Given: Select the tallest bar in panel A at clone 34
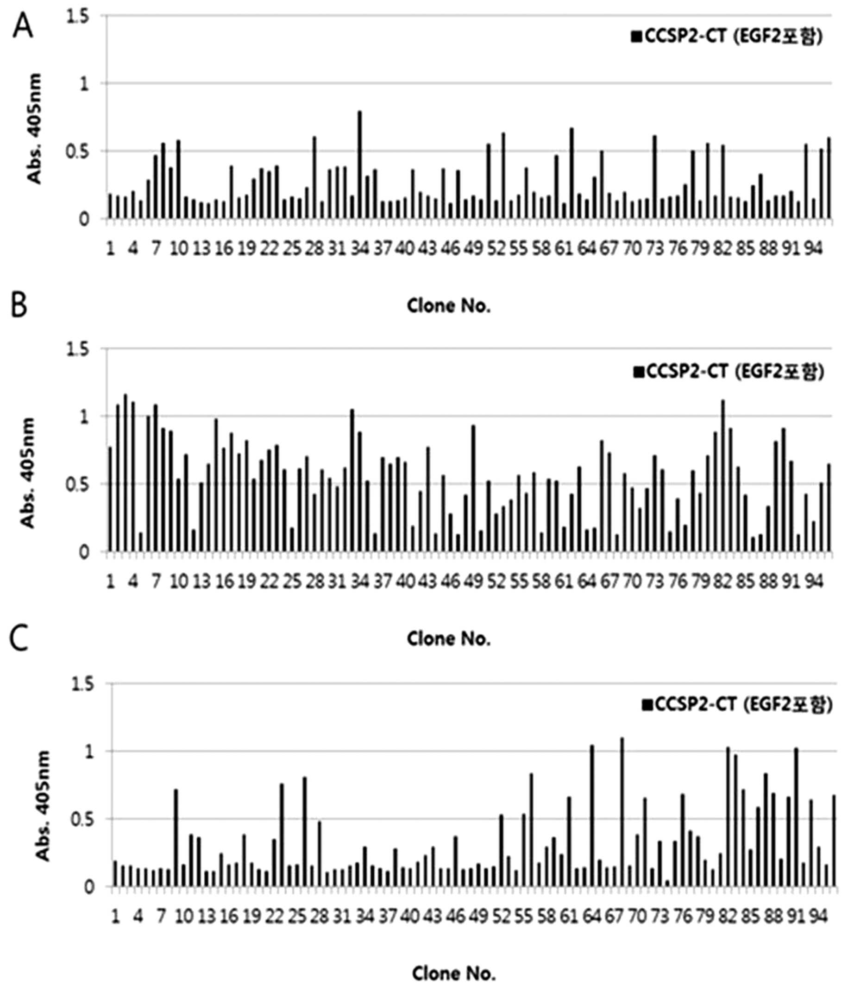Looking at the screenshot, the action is pyautogui.click(x=359, y=165).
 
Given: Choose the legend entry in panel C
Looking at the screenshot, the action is pyautogui.click(x=737, y=704).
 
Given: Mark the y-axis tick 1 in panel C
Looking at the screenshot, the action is pyautogui.click(x=88, y=751).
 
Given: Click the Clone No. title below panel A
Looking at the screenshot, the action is pyautogui.click(x=449, y=305).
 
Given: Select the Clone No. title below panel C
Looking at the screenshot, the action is pyautogui.click(x=454, y=974).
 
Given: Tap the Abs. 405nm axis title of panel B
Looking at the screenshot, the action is pyautogui.click(x=28, y=473).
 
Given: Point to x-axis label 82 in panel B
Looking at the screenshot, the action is pyautogui.click(x=722, y=582).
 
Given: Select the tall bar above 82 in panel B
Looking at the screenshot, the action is pyautogui.click(x=722, y=476).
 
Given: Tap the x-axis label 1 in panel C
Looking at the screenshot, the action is pyautogui.click(x=115, y=916).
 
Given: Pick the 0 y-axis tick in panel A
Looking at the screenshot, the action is pyautogui.click(x=84, y=220).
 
